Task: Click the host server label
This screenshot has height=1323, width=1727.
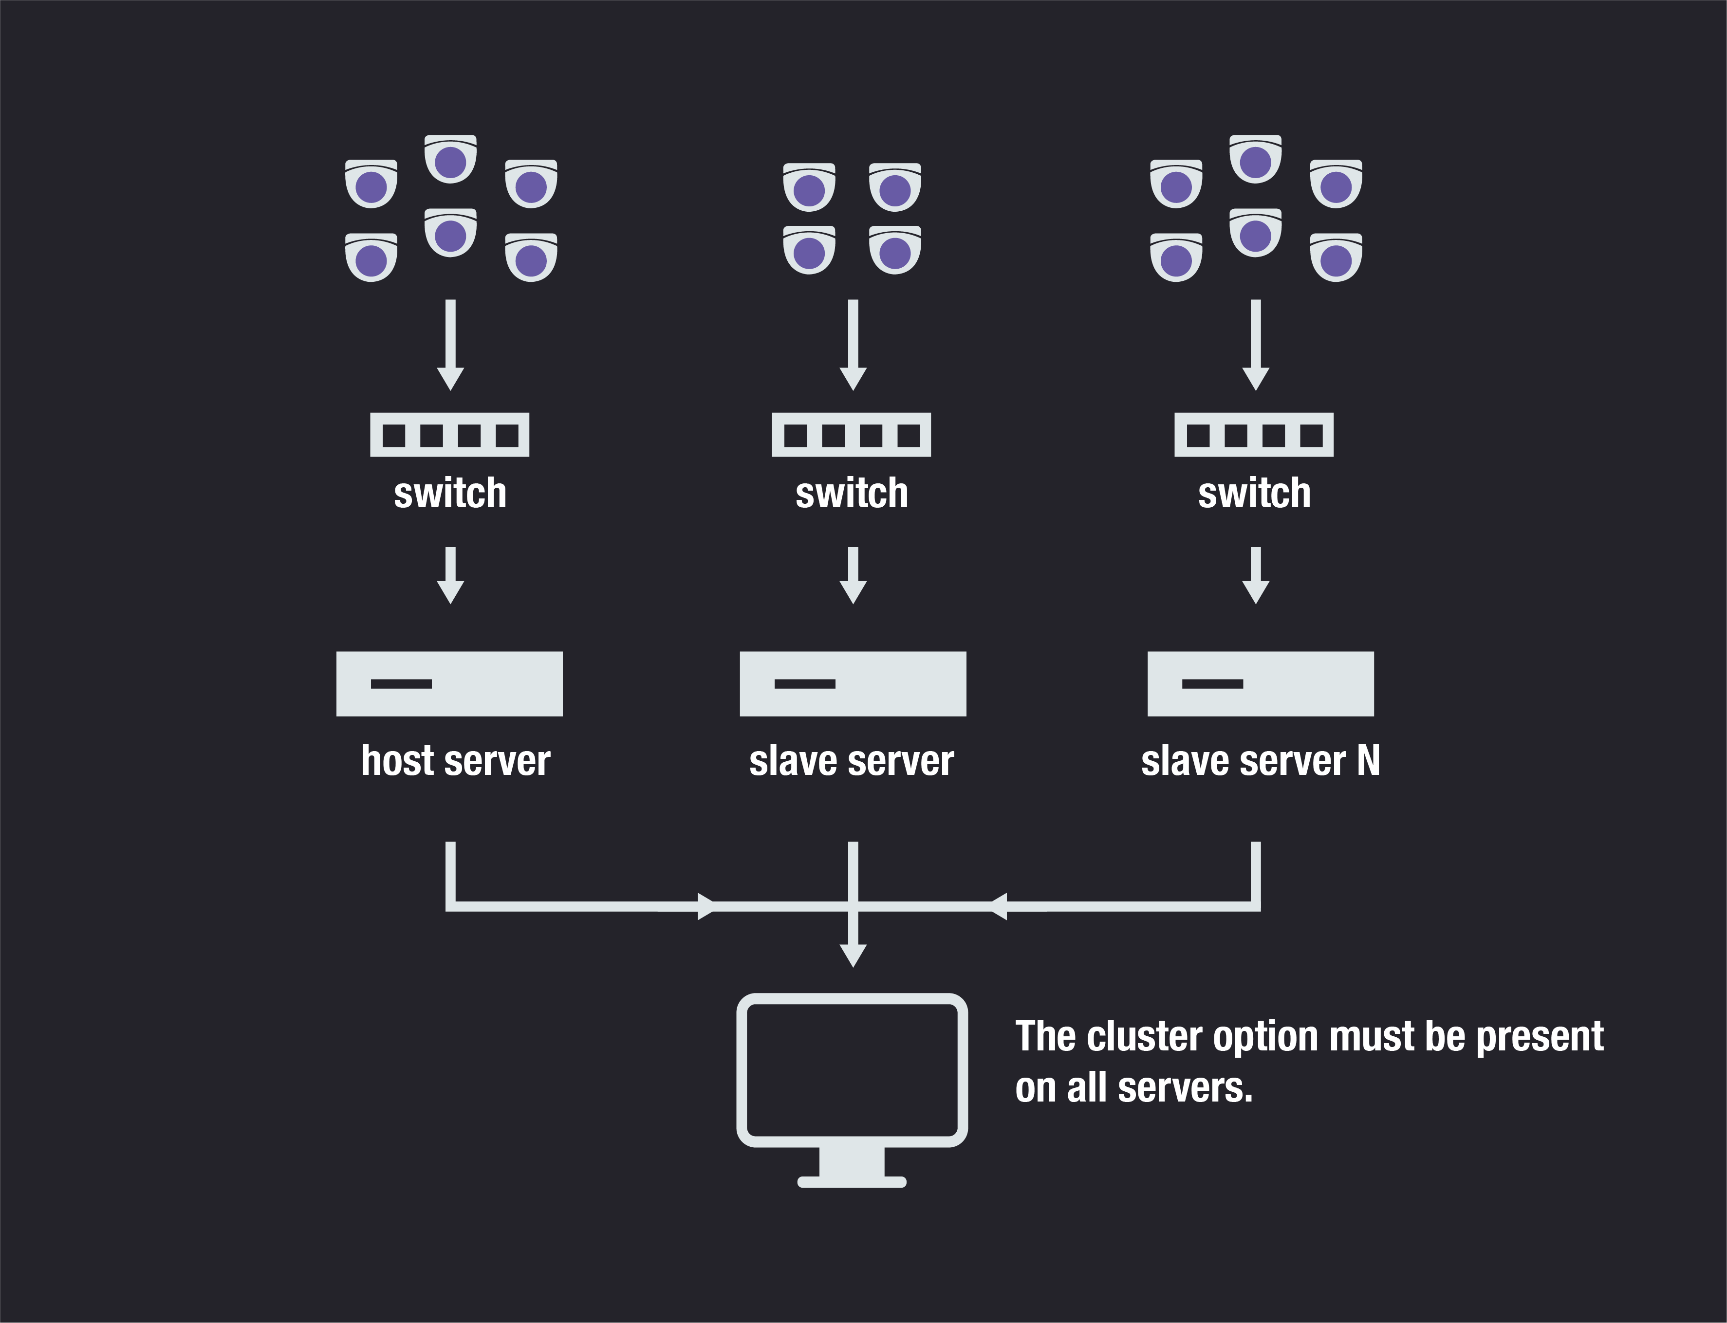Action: pyautogui.click(x=455, y=761)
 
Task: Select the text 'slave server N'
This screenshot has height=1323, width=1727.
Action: pyautogui.click(x=1260, y=761)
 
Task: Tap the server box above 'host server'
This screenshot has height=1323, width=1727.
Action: pyautogui.click(x=449, y=683)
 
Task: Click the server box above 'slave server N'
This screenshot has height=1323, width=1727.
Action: pyautogui.click(x=1260, y=683)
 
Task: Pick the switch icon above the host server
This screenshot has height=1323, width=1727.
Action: pyautogui.click(x=450, y=435)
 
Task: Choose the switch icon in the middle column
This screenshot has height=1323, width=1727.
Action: pyautogui.click(x=851, y=435)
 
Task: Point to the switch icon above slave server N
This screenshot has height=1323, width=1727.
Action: pyautogui.click(x=1254, y=435)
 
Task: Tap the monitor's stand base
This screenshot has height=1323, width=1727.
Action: pyautogui.click(x=851, y=1181)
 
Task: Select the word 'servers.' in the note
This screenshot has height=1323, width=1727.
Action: pyautogui.click(x=1185, y=1088)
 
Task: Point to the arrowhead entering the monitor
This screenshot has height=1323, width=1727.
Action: pyautogui.click(x=853, y=955)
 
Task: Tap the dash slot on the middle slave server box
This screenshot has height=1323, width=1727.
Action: pyautogui.click(x=805, y=683)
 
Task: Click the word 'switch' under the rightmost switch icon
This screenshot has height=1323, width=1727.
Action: pyautogui.click(x=1254, y=494)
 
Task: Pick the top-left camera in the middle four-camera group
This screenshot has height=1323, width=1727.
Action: pyautogui.click(x=809, y=187)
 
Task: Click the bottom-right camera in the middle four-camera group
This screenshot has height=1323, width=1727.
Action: pyautogui.click(x=894, y=250)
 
